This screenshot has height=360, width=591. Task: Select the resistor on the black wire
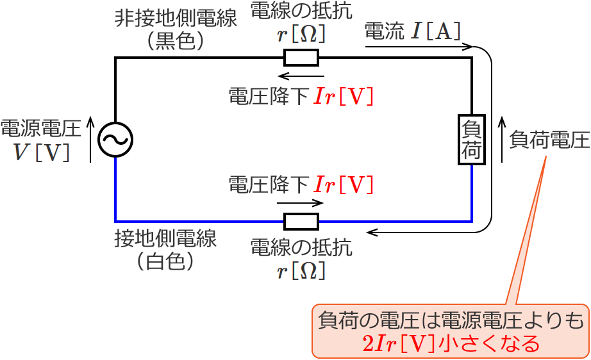(301, 58)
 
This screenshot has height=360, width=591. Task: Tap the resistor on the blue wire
(301, 222)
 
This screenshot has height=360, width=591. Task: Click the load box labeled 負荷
(471, 140)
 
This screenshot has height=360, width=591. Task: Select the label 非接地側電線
(175, 18)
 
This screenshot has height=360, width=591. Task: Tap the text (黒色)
(175, 41)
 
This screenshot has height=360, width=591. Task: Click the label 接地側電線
(165, 239)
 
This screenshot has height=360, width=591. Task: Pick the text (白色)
(165, 261)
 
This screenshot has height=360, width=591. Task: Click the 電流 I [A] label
(412, 31)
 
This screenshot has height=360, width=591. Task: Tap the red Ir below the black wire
(325, 97)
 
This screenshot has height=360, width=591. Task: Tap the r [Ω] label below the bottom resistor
(301, 271)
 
